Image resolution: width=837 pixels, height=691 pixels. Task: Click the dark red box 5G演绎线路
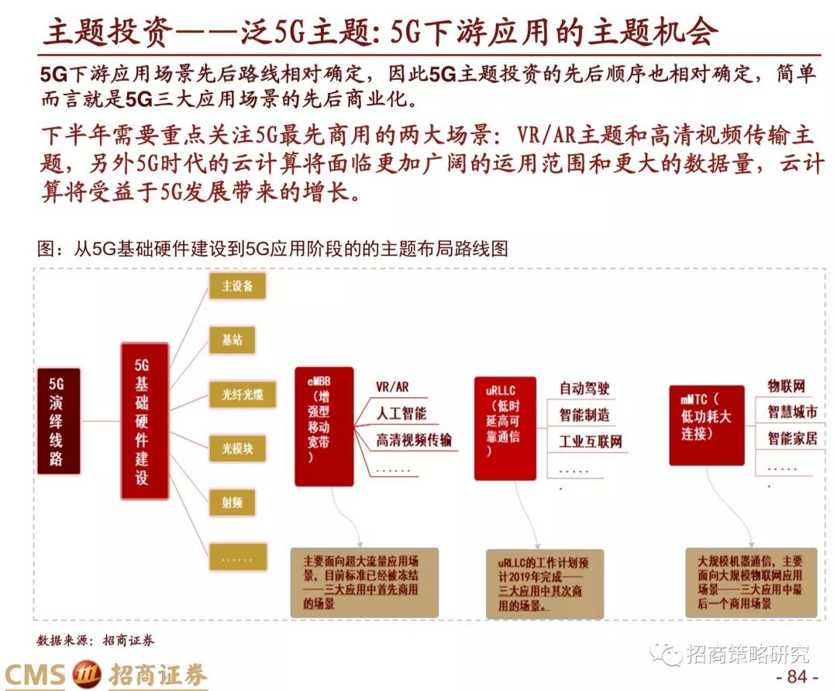[x=59, y=421]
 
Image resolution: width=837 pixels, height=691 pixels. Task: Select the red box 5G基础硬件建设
[x=144, y=421]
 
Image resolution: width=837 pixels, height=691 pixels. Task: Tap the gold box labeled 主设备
[x=237, y=285]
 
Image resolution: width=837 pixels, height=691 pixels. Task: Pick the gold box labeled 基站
[x=237, y=340]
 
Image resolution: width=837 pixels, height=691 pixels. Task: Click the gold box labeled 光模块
[x=237, y=448]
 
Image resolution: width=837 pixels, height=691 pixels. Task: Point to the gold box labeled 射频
[x=237, y=503]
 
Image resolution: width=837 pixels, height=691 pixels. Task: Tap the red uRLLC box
[x=504, y=428]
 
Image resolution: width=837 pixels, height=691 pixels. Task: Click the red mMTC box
[x=706, y=425]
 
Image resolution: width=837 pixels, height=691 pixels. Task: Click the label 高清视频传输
[x=414, y=441]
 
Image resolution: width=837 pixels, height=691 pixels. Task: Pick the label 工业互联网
[x=591, y=442]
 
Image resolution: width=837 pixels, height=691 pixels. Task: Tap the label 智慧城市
[x=792, y=411]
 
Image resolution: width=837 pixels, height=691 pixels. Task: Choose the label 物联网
[x=786, y=385]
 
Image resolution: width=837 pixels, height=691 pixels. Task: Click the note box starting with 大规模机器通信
[x=751, y=582]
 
